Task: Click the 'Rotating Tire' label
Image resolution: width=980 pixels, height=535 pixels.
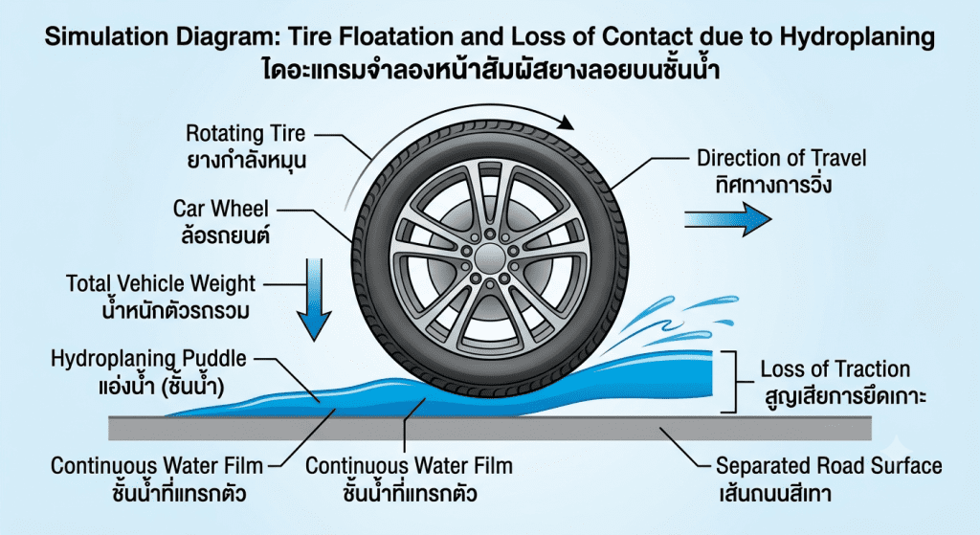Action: (246, 133)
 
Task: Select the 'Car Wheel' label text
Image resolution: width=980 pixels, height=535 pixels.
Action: (221, 209)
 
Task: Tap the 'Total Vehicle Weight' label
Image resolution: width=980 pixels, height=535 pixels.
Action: (161, 283)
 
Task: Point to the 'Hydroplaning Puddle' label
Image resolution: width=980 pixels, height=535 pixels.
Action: (148, 359)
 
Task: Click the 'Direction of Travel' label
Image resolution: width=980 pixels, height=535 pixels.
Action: (782, 158)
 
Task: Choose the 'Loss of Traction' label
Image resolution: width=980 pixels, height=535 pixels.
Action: (835, 369)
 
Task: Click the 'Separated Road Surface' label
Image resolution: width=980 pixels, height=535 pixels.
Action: (829, 466)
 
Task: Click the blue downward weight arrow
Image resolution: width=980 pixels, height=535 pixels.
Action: (313, 300)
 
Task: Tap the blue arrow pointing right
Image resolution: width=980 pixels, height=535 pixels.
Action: (728, 219)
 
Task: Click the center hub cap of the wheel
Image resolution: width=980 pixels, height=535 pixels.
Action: (489, 257)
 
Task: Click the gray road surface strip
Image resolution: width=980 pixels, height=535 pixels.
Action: (490, 428)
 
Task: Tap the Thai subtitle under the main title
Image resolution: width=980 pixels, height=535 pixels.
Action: (491, 69)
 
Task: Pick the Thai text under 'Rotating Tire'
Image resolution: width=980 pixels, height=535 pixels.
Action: (247, 161)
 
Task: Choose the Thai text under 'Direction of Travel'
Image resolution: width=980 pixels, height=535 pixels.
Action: (773, 185)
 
